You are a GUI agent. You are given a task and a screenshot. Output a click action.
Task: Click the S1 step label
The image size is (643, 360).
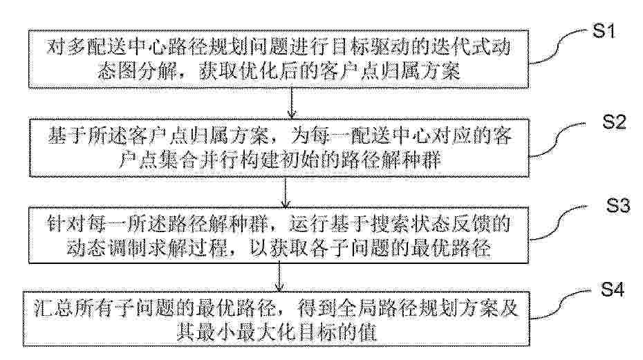click(604, 31)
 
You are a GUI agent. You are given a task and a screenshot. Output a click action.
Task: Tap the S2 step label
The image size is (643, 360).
click(614, 122)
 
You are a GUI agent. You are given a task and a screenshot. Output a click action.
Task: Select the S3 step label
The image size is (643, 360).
click(618, 205)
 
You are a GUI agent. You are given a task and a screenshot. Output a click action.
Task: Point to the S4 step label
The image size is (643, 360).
click(613, 290)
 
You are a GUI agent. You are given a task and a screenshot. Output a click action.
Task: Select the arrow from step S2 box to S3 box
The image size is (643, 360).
click(286, 192)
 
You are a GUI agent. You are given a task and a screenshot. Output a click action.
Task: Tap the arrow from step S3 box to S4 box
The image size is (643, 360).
click(279, 277)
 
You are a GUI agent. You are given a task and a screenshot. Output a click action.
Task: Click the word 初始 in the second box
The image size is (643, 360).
click(301, 160)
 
